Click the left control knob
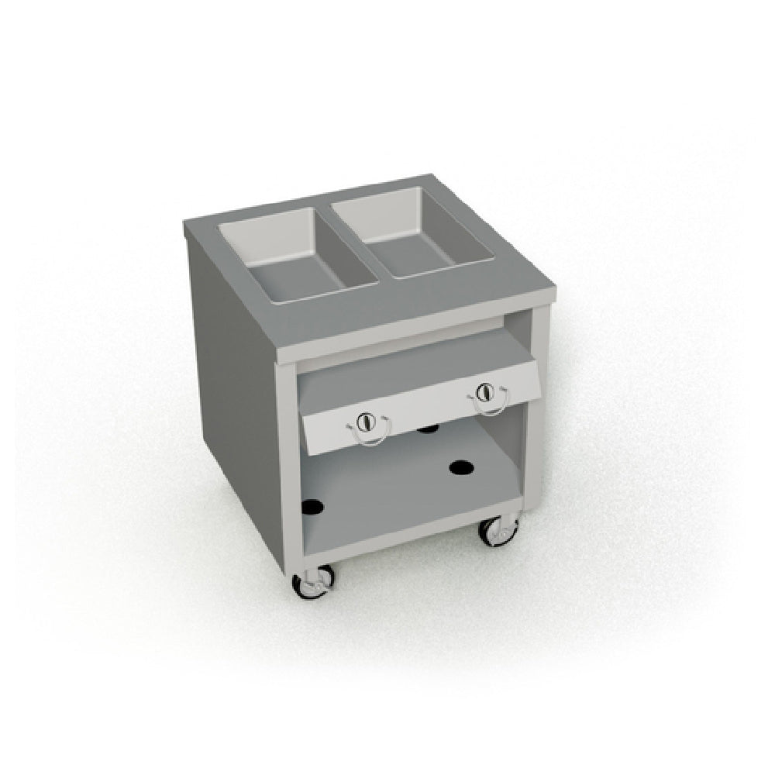(x=366, y=423)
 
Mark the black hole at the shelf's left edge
(x=312, y=506)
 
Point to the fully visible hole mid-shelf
(x=461, y=467)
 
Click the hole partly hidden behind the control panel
(x=426, y=429)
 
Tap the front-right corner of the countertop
(x=555, y=290)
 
